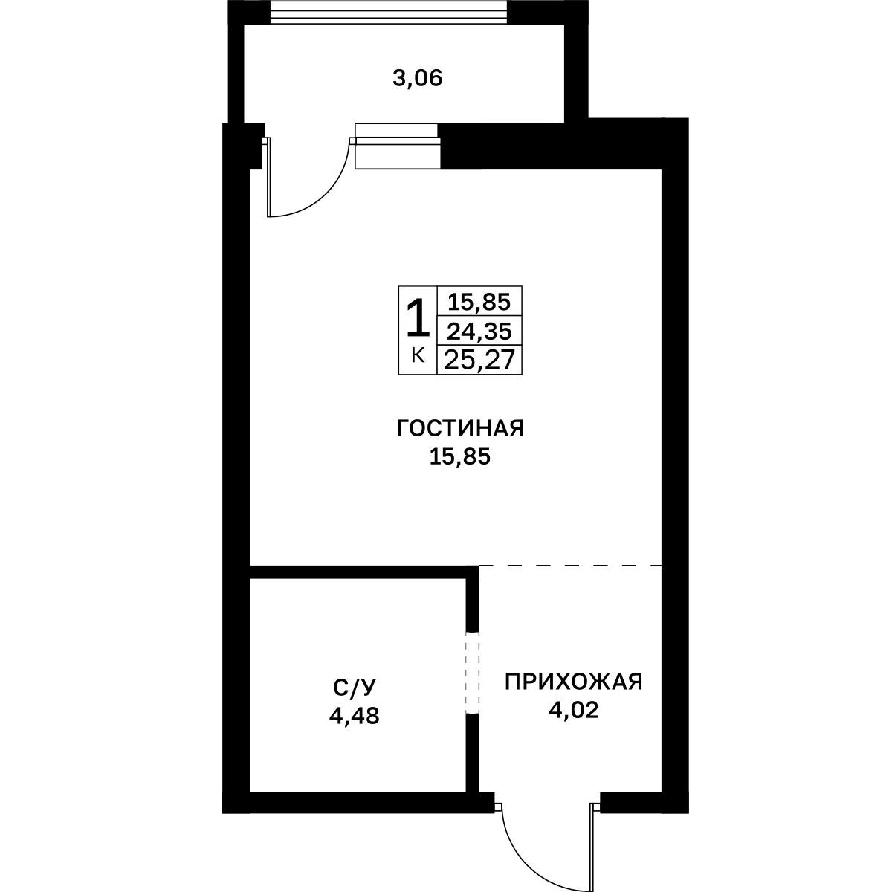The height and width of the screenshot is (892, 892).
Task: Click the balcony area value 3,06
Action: (418, 79)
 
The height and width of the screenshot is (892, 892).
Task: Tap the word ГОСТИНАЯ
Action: (460, 428)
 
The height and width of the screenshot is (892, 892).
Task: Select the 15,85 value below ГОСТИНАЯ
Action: (459, 457)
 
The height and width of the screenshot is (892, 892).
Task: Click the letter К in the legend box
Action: (418, 355)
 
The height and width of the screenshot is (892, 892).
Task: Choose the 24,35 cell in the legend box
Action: (479, 331)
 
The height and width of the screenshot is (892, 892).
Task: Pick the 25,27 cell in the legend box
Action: (479, 360)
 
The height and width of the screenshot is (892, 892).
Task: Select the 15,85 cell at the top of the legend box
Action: (479, 301)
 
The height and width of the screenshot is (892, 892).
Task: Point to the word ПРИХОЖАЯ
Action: (574, 682)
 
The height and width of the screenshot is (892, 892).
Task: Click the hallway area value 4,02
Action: (574, 710)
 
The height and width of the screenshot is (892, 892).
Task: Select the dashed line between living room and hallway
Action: (571, 566)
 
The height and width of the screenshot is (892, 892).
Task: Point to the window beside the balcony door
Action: (397, 146)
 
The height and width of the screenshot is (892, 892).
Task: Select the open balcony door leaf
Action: (268, 178)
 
